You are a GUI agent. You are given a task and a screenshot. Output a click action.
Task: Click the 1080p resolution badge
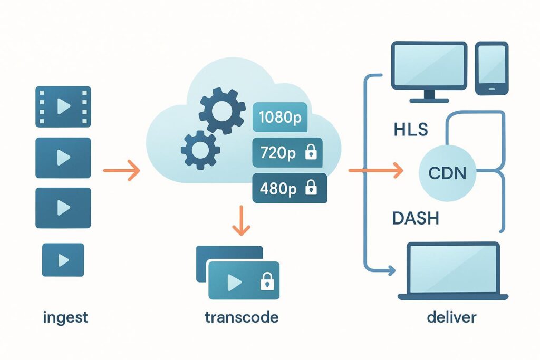(x=280, y=117)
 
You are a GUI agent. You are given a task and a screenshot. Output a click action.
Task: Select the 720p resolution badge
(x=288, y=152)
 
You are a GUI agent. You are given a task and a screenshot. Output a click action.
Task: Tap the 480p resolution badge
(x=290, y=188)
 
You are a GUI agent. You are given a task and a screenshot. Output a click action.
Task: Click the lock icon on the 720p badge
(x=311, y=153)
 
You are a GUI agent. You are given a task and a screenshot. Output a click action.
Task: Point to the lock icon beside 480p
(x=312, y=188)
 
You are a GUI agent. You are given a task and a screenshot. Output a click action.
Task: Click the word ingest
(x=65, y=318)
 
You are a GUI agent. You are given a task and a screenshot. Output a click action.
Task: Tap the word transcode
(x=242, y=318)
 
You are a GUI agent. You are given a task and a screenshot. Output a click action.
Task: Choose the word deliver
(x=452, y=318)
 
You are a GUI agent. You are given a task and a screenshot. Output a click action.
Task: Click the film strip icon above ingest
(x=63, y=107)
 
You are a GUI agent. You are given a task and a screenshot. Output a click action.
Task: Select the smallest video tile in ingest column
(x=63, y=259)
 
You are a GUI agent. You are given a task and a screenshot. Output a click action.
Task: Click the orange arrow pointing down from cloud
(x=242, y=220)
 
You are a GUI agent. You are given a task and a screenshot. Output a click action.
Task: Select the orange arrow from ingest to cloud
(x=121, y=171)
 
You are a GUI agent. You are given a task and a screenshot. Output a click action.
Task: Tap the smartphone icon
(x=491, y=69)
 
